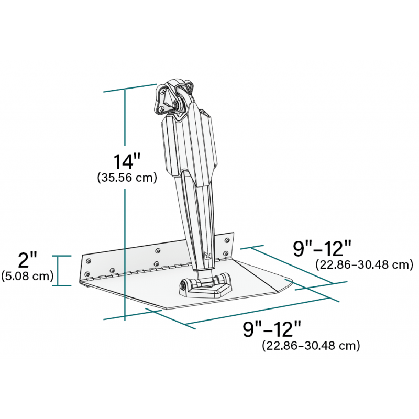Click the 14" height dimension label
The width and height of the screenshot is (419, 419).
(127, 160)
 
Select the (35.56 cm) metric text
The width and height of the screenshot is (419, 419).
(127, 178)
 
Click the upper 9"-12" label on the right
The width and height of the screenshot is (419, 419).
(322, 248)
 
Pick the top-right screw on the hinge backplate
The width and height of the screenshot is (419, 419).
(226, 240)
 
